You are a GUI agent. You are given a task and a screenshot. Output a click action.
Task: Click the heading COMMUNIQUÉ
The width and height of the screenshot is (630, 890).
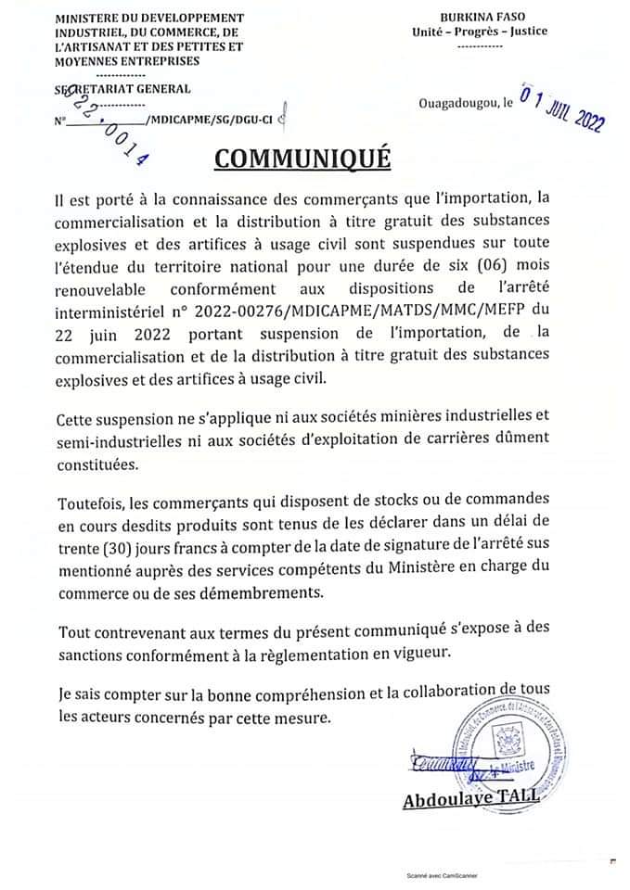click(x=302, y=158)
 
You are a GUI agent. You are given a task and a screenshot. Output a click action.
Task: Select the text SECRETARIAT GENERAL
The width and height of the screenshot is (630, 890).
click(x=123, y=89)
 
